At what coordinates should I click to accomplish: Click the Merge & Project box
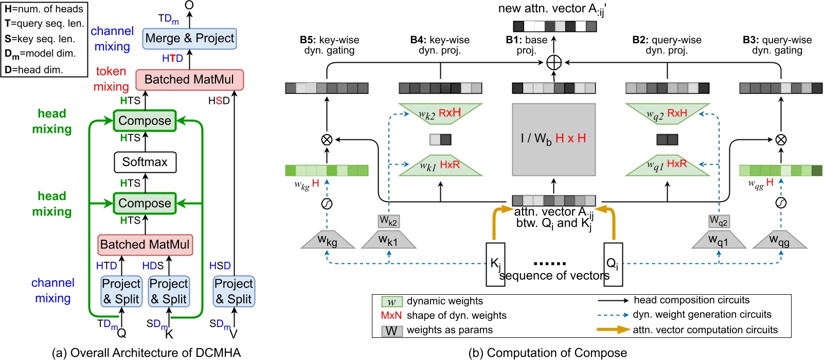pyautogui.click(x=189, y=39)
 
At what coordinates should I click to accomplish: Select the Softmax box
pyautogui.click(x=145, y=162)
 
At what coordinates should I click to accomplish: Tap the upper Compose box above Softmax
pyautogui.click(x=145, y=121)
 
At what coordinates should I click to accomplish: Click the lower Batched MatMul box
pyautogui.click(x=145, y=244)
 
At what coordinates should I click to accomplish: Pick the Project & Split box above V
pyautogui.click(x=234, y=292)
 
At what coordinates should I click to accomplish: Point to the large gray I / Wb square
pyautogui.click(x=553, y=139)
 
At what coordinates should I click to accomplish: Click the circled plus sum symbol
pyautogui.click(x=553, y=63)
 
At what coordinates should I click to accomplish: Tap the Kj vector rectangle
pyautogui.click(x=495, y=264)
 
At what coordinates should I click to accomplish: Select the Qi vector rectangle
pyautogui.click(x=613, y=264)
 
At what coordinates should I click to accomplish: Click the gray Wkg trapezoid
pyautogui.click(x=327, y=240)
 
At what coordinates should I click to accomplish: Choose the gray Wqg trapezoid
pyautogui.click(x=780, y=240)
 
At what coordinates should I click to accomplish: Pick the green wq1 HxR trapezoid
pyautogui.click(x=667, y=165)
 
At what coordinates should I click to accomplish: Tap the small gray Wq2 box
pyautogui.click(x=719, y=221)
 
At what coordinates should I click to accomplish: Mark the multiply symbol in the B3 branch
pyautogui.click(x=780, y=139)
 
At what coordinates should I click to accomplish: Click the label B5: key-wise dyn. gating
pyautogui.click(x=329, y=45)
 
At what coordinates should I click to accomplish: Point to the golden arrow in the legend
pyautogui.click(x=613, y=330)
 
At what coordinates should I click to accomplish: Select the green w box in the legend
pyautogui.click(x=391, y=301)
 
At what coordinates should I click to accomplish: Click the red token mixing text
pyautogui.click(x=111, y=79)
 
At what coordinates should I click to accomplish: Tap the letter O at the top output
pyautogui.click(x=189, y=5)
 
